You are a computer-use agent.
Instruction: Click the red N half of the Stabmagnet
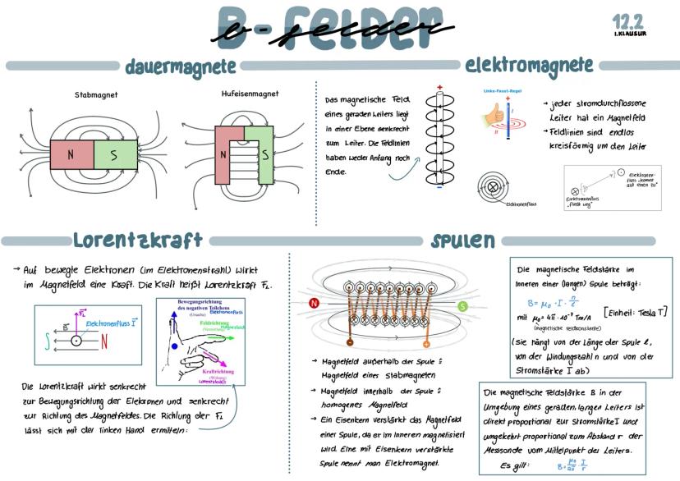71,153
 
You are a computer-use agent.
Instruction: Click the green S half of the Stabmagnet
116,153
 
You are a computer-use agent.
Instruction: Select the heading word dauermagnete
181,66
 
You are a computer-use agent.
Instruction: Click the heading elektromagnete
529,65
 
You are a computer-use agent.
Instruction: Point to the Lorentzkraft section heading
137,240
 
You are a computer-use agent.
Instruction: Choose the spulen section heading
463,240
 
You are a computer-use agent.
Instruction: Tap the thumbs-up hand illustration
495,114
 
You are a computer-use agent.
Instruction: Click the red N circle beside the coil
314,303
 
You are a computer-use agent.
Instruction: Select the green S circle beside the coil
462,305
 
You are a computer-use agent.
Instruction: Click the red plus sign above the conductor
439,88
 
